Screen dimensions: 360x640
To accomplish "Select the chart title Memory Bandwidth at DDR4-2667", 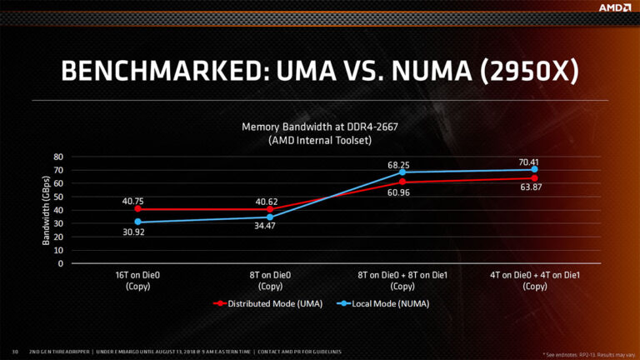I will [x=320, y=127].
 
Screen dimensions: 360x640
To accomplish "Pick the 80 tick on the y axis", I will [x=58, y=157].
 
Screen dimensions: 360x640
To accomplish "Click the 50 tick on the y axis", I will [x=58, y=197].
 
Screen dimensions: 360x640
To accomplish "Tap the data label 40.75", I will [x=137, y=200].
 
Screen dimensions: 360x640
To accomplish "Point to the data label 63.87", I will [x=534, y=187].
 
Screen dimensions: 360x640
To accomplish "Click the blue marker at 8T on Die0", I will [x=270, y=217].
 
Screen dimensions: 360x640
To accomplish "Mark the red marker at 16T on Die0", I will [x=137, y=208].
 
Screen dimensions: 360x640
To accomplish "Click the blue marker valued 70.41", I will [x=534, y=169].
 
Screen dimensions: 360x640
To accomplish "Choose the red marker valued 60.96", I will [x=402, y=182].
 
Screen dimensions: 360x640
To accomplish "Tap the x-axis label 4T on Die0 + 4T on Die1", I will [x=534, y=281].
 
